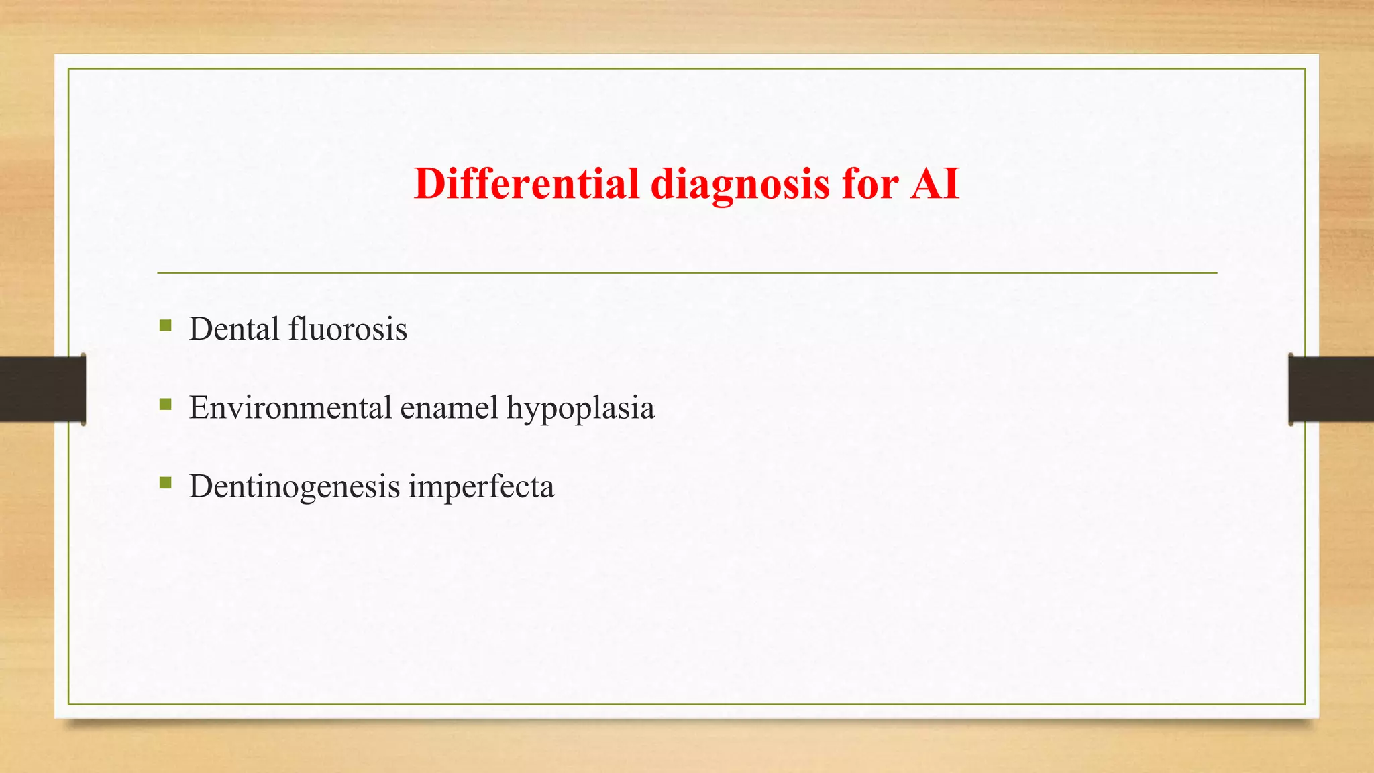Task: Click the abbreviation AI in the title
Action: coord(935,183)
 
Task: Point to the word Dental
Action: coord(234,329)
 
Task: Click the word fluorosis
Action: coord(348,329)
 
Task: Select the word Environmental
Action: coord(290,407)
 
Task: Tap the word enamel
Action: coord(449,407)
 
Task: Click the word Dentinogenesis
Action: coord(294,486)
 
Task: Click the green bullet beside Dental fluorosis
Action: coord(165,326)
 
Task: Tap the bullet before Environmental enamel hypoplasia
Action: coord(165,405)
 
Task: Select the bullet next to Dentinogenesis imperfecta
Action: coord(165,483)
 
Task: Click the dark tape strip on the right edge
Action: coord(1331,389)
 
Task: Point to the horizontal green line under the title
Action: coord(687,273)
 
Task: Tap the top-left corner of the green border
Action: coord(68,69)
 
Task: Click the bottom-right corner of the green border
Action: coord(1305,704)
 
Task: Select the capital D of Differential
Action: coord(430,183)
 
